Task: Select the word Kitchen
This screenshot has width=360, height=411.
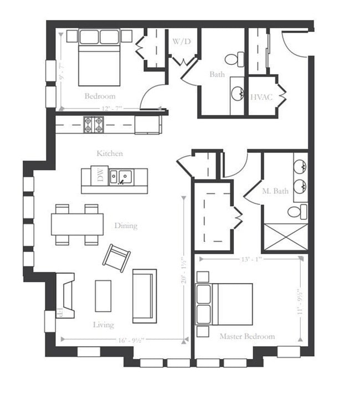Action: (110, 153)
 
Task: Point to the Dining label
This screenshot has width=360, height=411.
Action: (126, 225)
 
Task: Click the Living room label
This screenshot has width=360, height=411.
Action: (104, 325)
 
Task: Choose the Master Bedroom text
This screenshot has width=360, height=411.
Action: (247, 336)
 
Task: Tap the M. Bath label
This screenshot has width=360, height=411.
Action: (275, 192)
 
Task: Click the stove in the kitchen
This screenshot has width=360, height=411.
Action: (93, 123)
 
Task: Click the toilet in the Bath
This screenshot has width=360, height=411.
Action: (235, 58)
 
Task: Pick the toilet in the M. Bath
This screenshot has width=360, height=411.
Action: (297, 211)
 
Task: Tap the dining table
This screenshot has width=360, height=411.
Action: (78, 224)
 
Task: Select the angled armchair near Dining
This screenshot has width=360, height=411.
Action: (116, 258)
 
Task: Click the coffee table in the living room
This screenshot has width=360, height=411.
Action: (103, 296)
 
